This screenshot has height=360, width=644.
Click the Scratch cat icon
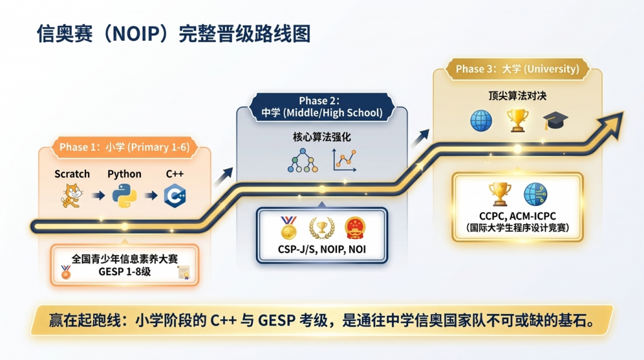click(x=72, y=196)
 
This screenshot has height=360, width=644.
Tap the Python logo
click(x=125, y=195)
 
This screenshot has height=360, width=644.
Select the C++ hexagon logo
click(x=175, y=196)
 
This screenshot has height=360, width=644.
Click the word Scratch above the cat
click(x=72, y=174)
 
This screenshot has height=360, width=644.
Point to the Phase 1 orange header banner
click(x=125, y=147)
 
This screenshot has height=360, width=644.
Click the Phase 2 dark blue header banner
click(x=321, y=107)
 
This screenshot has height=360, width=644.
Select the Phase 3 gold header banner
click(x=517, y=69)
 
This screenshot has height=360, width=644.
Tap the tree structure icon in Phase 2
click(x=303, y=160)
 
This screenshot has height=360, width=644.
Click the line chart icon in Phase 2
click(x=344, y=160)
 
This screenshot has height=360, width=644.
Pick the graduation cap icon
click(x=555, y=120)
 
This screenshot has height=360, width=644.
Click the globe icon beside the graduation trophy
click(x=481, y=121)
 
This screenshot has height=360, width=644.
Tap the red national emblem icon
click(x=355, y=228)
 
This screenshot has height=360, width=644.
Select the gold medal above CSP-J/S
click(x=288, y=228)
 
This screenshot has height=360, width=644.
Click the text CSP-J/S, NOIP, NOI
click(x=321, y=249)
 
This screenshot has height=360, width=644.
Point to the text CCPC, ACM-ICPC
click(x=518, y=216)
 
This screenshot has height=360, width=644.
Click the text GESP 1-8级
click(x=125, y=271)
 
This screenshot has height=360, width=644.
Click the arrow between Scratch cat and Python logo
click(x=98, y=195)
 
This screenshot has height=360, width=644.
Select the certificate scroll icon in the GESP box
click(x=184, y=272)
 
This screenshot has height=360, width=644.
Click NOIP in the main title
click(x=136, y=34)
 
